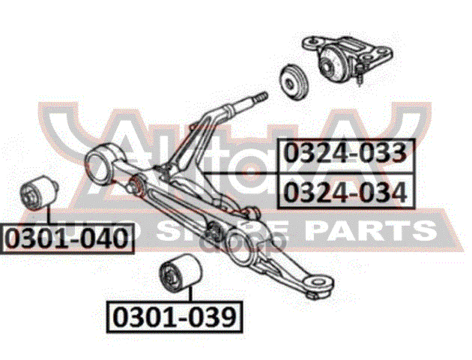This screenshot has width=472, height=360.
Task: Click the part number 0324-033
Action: [x=345, y=154]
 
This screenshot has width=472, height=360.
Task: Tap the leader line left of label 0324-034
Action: [x=240, y=172]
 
